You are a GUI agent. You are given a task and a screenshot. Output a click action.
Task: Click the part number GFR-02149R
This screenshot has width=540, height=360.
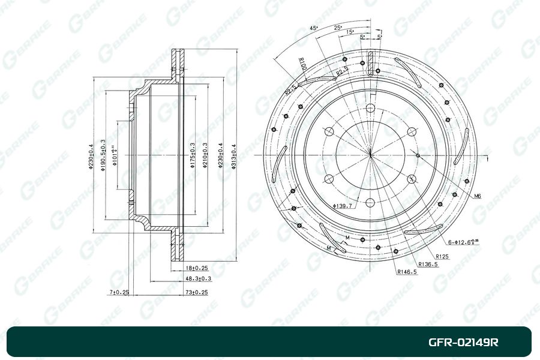pos(463,343)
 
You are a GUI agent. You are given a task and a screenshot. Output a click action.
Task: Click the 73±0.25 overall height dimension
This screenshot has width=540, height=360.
pos(196,292)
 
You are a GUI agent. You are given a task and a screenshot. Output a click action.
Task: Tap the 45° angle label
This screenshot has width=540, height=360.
pos(313,28)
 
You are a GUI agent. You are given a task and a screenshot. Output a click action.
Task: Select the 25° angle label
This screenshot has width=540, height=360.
pos(338,28)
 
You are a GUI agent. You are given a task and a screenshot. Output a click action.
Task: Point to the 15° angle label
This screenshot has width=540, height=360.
pos(350,32)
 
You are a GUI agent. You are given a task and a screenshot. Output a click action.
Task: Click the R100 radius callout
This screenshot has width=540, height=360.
pos(302,64)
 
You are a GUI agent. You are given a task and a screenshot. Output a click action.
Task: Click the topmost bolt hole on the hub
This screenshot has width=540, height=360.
pos(370,109)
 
